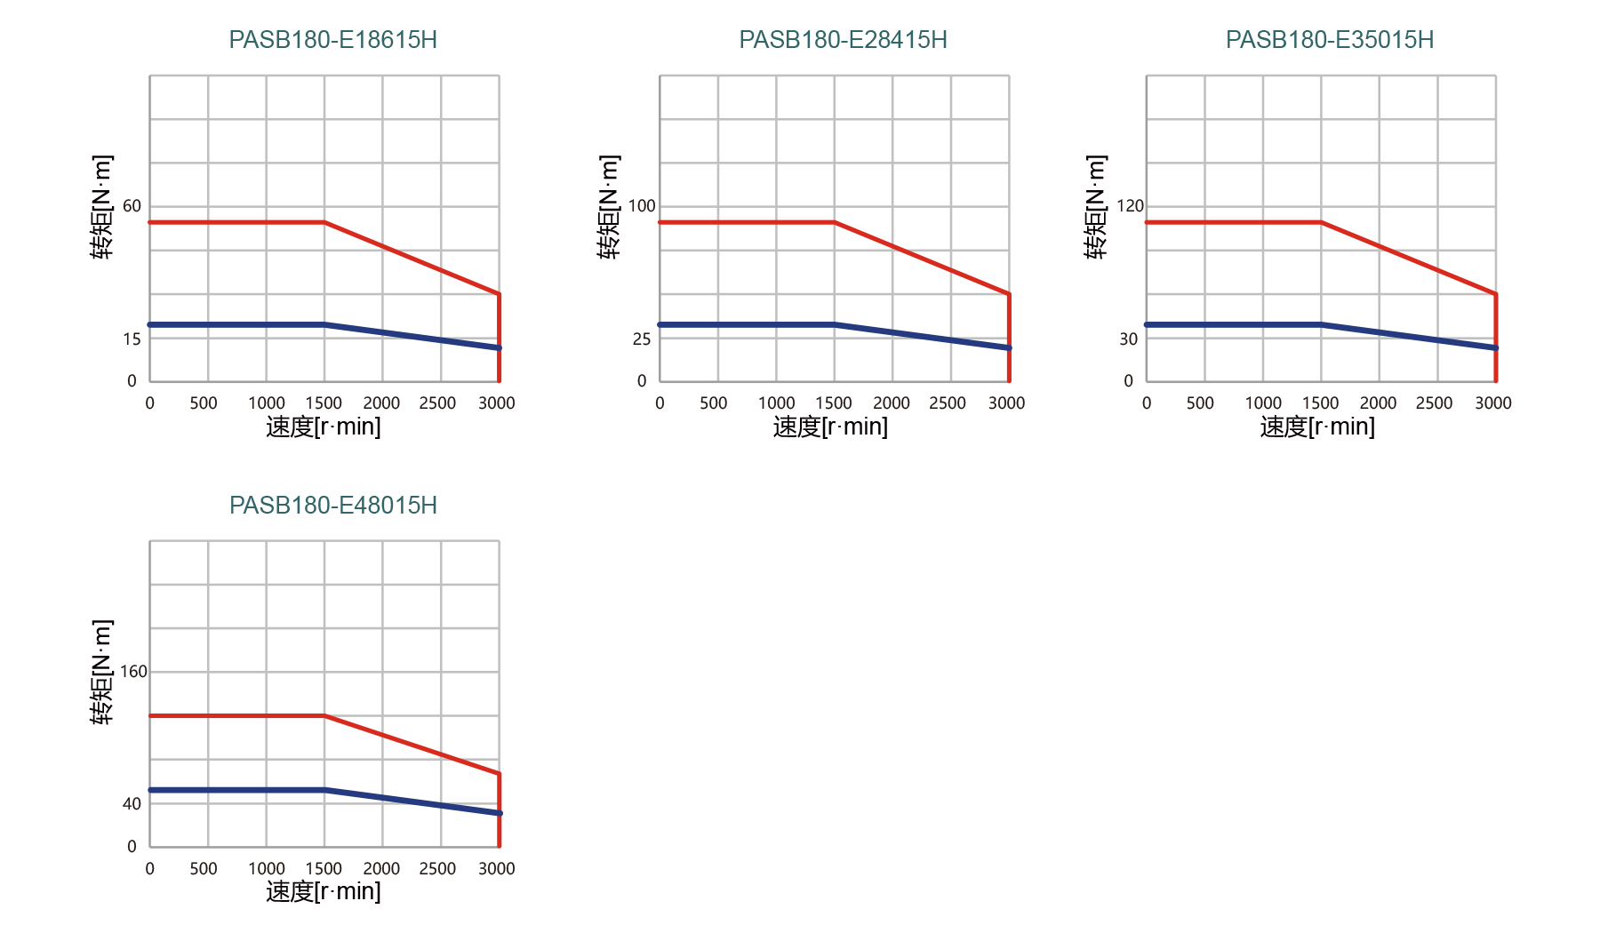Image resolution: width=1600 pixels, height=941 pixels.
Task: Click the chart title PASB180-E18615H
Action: click(x=332, y=40)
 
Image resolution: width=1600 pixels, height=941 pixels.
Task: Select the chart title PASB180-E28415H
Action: click(x=843, y=40)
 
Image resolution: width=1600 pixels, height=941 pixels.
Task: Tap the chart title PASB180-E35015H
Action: click(x=1329, y=40)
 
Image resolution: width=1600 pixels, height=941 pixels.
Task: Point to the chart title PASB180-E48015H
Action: click(x=332, y=506)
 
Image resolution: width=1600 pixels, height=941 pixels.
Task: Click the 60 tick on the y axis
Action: click(x=132, y=206)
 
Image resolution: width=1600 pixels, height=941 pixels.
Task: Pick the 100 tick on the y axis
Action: click(x=641, y=206)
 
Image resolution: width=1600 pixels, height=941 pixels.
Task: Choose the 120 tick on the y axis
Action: click(x=1130, y=206)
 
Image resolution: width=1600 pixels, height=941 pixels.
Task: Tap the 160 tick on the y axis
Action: click(x=133, y=672)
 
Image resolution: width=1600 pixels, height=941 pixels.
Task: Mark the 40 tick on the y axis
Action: click(x=132, y=804)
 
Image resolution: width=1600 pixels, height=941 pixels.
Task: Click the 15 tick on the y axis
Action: click(x=132, y=339)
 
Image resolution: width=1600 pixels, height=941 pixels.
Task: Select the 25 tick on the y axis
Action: click(x=641, y=339)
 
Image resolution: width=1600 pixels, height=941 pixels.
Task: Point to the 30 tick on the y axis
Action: click(x=1128, y=339)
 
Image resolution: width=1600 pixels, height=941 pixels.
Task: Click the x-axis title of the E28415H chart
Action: click(x=830, y=427)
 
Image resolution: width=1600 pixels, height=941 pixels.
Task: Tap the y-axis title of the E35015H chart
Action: click(x=1096, y=206)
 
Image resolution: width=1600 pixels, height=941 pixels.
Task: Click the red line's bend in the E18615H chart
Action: click(x=324, y=222)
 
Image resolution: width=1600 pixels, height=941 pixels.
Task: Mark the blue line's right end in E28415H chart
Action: click(x=1009, y=347)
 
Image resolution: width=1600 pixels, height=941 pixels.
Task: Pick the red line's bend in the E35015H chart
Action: click(x=1321, y=222)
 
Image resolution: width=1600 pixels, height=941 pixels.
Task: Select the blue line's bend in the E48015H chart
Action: click(x=324, y=790)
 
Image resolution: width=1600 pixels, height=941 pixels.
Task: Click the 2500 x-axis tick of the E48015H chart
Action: click(x=437, y=869)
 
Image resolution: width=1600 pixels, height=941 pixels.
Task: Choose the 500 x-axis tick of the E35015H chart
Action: click(x=1200, y=403)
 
